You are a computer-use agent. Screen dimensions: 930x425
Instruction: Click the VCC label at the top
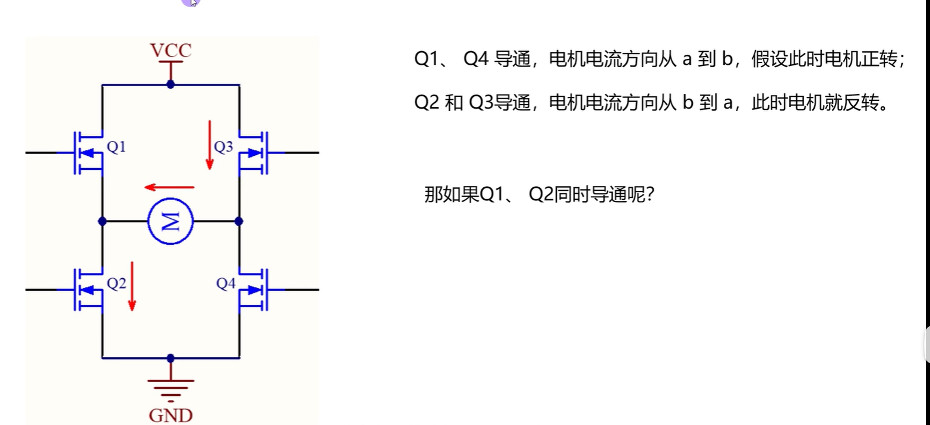pos(171,51)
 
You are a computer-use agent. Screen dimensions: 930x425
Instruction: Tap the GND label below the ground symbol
pos(171,414)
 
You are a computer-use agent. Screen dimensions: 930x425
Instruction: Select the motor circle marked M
pos(171,222)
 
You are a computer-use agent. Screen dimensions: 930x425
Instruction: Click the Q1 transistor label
pos(116,146)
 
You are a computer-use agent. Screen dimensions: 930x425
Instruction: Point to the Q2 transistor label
pos(116,284)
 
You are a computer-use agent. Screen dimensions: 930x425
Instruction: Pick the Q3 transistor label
pos(223,146)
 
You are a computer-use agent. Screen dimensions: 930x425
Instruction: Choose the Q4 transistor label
pos(226,284)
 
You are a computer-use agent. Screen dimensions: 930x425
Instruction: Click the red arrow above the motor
pos(170,187)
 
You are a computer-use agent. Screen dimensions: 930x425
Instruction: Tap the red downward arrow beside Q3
pos(209,144)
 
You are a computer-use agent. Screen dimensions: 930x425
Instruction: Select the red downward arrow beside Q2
pos(132,286)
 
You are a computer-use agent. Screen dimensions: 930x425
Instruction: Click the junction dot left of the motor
pos(102,221)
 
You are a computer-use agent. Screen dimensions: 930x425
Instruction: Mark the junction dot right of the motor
pos(239,221)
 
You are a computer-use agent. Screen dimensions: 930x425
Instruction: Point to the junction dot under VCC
pos(171,84)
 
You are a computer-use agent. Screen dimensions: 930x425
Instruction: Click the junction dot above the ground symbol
pos(171,358)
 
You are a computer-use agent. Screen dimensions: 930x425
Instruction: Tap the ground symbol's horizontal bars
pos(171,387)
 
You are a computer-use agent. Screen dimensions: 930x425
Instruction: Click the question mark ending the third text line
pos(649,195)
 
